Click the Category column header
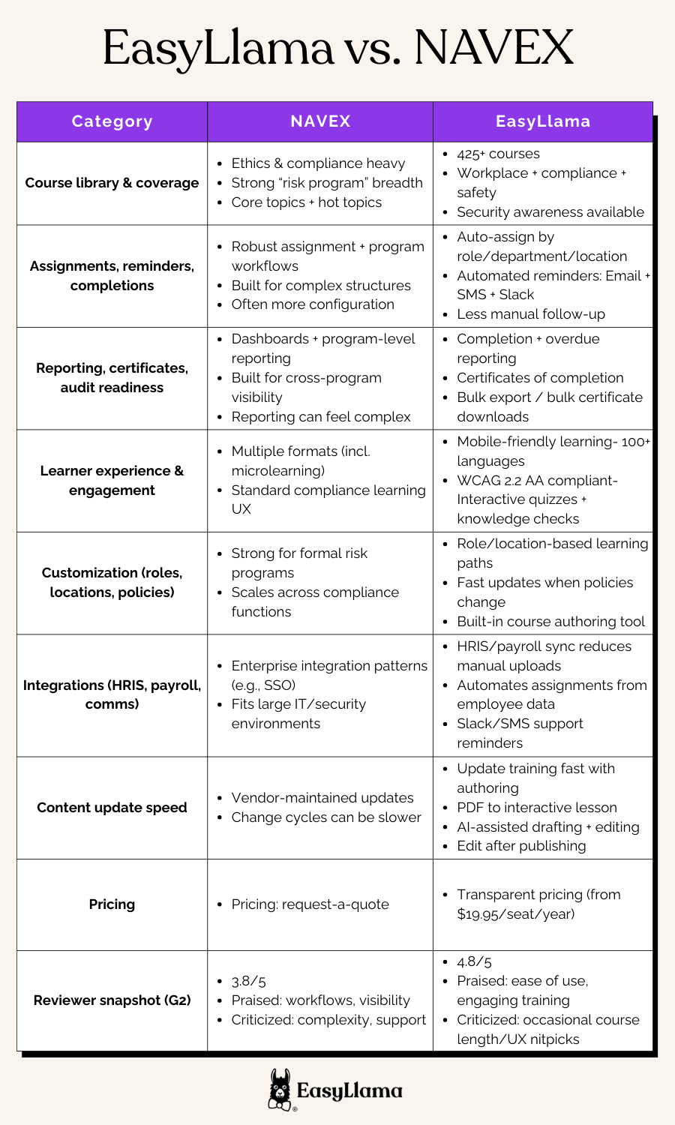coord(112,121)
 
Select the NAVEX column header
coord(320,121)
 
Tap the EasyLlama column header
coord(543,121)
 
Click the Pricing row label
coord(112,904)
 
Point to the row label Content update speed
coord(112,808)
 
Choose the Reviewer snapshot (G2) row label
coord(112,1000)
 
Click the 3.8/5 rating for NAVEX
coord(249,981)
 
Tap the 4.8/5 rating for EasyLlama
coord(475,961)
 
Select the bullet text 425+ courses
coord(498,154)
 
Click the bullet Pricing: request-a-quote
coord(310,904)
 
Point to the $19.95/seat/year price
coord(516,914)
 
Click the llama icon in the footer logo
coord(280,1090)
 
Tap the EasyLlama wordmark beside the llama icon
coord(349,1091)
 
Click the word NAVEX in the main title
coord(493,48)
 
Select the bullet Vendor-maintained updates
coord(322,798)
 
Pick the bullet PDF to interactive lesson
coord(537,808)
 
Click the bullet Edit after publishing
coord(521,846)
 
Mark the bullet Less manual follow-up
coord(531,314)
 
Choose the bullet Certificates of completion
coord(540,378)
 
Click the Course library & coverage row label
coord(112,183)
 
